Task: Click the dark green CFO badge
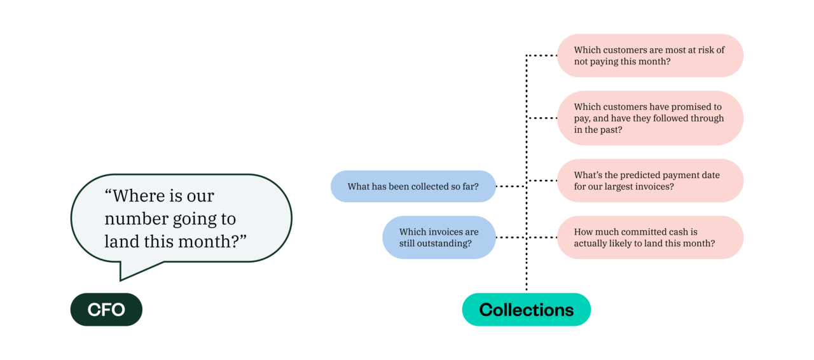point(106,310)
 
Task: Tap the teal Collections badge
point(526,310)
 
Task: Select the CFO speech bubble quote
point(181,218)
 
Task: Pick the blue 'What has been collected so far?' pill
point(413,186)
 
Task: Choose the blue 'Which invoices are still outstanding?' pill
point(438,237)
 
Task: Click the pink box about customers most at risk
point(649,55)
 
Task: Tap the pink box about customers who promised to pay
point(649,118)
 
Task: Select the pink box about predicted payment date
point(649,181)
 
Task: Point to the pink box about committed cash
point(649,237)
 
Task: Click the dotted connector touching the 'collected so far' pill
point(510,186)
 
